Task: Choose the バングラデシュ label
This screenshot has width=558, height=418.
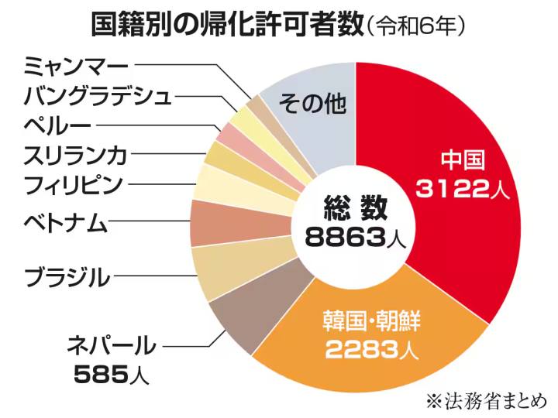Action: [97, 96]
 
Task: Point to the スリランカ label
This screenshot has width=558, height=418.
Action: [74, 155]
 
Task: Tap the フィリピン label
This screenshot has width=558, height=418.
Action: [73, 186]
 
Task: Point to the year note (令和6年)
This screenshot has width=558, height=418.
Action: [418, 28]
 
